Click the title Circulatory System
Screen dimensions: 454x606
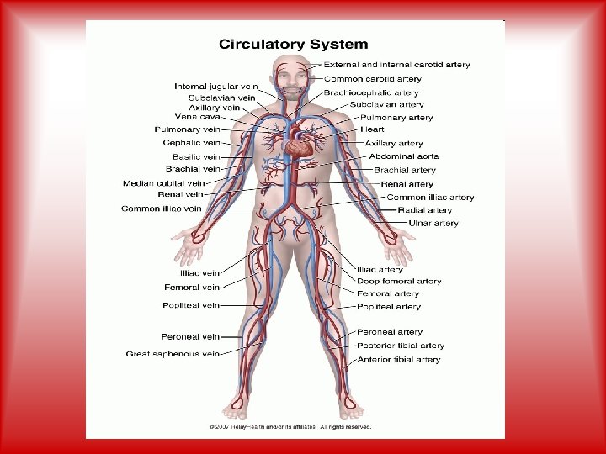294,44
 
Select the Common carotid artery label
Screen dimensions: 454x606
373,79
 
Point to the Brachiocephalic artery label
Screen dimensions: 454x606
371,92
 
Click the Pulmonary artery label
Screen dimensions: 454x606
397,118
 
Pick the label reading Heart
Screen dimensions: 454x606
372,129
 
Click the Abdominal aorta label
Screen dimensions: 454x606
404,156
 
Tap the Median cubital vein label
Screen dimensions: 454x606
163,182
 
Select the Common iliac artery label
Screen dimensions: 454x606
430,198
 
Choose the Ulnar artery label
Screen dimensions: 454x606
433,224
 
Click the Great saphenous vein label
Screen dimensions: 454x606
173,354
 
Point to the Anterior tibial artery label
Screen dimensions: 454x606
399,360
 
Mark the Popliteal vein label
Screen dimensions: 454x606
192,305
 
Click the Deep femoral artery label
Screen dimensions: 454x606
399,282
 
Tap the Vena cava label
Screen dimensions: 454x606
196,117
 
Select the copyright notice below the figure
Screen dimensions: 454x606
290,427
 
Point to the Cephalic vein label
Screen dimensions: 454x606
191,143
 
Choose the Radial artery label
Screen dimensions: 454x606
425,210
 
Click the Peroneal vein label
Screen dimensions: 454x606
190,337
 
